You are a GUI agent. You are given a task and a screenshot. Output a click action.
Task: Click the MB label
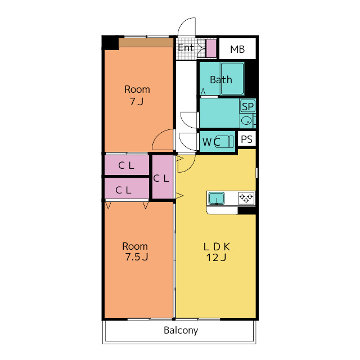tap(237, 49)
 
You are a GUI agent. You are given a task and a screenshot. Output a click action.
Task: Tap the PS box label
tap(246, 139)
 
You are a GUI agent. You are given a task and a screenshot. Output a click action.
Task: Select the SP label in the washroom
tap(247, 106)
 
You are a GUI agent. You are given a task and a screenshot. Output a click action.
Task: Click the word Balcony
tap(181, 330)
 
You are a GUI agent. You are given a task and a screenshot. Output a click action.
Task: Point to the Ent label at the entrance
tap(186, 48)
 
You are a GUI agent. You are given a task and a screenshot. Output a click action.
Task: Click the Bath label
tap(221, 80)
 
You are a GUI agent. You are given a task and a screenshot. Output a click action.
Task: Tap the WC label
tap(211, 142)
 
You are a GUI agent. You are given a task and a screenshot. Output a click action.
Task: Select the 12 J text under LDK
tap(216, 258)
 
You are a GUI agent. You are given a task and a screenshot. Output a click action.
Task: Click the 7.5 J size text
tap(136, 257)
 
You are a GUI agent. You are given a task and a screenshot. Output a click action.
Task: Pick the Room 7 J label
tap(137, 95)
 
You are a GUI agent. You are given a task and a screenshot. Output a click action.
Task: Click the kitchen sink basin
tap(216, 198)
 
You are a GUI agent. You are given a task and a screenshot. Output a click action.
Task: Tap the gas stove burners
tap(246, 198)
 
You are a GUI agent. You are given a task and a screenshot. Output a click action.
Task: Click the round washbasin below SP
tap(246, 120)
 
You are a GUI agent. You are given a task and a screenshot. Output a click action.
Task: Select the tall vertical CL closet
tap(163, 176)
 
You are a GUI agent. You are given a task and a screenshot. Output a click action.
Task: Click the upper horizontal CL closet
tap(127, 165)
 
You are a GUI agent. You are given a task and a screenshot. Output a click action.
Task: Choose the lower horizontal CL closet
tap(127, 188)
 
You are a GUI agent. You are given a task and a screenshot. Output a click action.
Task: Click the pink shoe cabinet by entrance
tap(211, 48)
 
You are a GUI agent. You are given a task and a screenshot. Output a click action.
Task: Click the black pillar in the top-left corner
tap(110, 43)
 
